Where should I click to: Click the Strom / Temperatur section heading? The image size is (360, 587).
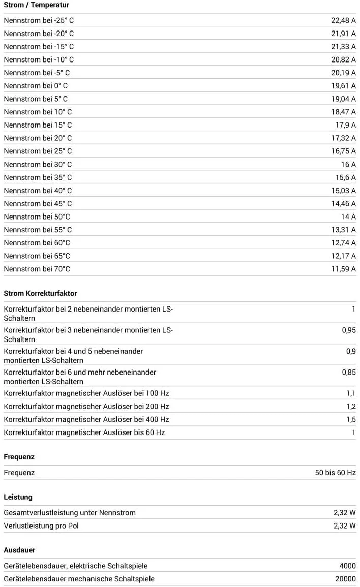pyautogui.click(x=36, y=5)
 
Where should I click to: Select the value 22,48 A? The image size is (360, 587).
pyautogui.click(x=343, y=20)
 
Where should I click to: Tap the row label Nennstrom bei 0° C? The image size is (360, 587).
pyautogui.click(x=36, y=86)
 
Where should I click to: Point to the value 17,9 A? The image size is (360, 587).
pyautogui.click(x=345, y=125)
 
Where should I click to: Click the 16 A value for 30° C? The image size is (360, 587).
pyautogui.click(x=348, y=164)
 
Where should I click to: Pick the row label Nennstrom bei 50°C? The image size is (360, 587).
pyautogui.click(x=37, y=217)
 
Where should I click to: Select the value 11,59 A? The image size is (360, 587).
pyautogui.click(x=343, y=269)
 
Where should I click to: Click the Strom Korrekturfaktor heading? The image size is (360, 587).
pyautogui.click(x=40, y=293)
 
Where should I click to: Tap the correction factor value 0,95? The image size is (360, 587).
pyautogui.click(x=348, y=330)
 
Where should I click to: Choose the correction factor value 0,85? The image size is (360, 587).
pyautogui.click(x=348, y=372)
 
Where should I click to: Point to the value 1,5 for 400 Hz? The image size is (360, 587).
pyautogui.click(x=351, y=419)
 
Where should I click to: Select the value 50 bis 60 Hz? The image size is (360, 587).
pyautogui.click(x=335, y=472)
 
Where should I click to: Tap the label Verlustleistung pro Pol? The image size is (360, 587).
pyautogui.click(x=41, y=526)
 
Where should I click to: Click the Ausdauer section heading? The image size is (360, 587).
pyautogui.click(x=19, y=550)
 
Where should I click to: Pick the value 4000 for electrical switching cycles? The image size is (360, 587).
pyautogui.click(x=347, y=566)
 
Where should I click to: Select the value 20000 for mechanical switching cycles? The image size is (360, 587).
pyautogui.click(x=345, y=579)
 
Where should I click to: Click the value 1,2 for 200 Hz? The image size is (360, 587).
pyautogui.click(x=351, y=406)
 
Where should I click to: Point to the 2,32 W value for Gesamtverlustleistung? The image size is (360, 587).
pyautogui.click(x=344, y=512)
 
